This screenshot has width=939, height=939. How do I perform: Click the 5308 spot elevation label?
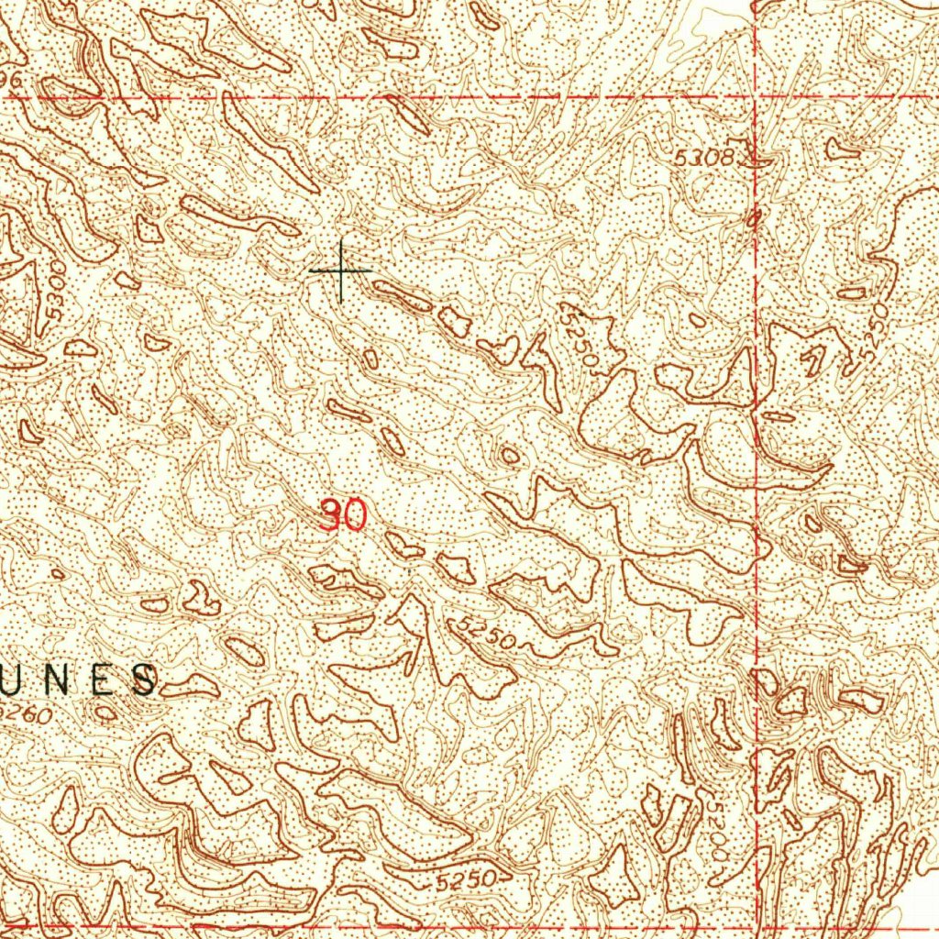click(704, 159)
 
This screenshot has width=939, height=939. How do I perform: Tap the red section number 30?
click(345, 516)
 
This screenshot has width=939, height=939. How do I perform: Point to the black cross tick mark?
click(341, 271)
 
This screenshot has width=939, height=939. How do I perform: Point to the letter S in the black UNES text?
click(143, 680)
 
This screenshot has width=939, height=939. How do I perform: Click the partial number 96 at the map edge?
click(11, 82)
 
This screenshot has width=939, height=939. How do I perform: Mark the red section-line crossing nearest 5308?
click(756, 96)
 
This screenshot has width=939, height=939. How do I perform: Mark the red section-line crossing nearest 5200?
click(756, 927)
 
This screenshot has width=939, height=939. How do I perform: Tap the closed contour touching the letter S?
click(191, 685)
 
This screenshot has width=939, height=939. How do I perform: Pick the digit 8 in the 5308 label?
click(727, 159)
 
